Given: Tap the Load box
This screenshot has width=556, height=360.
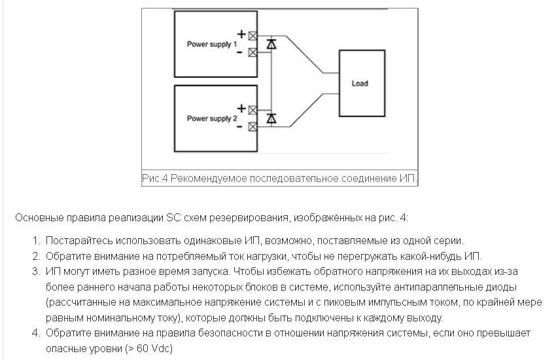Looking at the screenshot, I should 359,83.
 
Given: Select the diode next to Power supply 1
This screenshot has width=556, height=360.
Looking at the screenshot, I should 271,44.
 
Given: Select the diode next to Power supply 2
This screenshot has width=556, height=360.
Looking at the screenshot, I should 271,118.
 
